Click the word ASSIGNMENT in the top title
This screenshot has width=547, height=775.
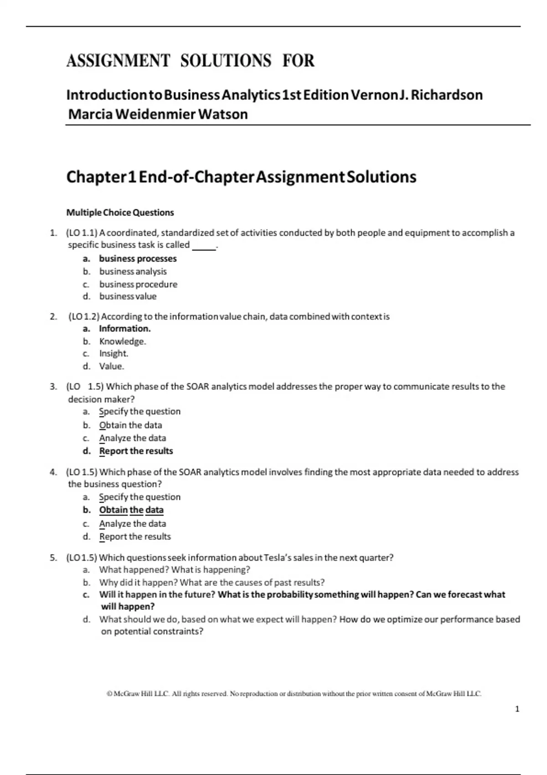point(118,61)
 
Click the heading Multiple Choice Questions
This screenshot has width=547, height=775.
point(120,212)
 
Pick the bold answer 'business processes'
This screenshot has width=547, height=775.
point(138,258)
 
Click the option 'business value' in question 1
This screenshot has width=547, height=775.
point(128,296)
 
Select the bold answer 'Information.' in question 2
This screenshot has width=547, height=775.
point(124,328)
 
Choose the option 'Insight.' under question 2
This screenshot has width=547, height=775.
point(114,353)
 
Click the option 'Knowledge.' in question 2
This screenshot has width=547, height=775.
point(122,341)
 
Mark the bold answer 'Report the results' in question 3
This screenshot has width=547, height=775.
point(136,451)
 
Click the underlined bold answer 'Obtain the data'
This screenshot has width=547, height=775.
point(131,510)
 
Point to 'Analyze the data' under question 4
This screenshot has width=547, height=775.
point(132,523)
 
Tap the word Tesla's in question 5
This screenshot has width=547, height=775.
point(278,558)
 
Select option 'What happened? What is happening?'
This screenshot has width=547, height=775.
point(175,569)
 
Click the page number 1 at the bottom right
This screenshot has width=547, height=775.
point(517,709)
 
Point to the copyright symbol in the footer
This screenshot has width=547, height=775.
point(109,694)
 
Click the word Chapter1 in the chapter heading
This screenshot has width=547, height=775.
point(101,177)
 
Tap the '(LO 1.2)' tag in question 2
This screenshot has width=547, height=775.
point(84,316)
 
